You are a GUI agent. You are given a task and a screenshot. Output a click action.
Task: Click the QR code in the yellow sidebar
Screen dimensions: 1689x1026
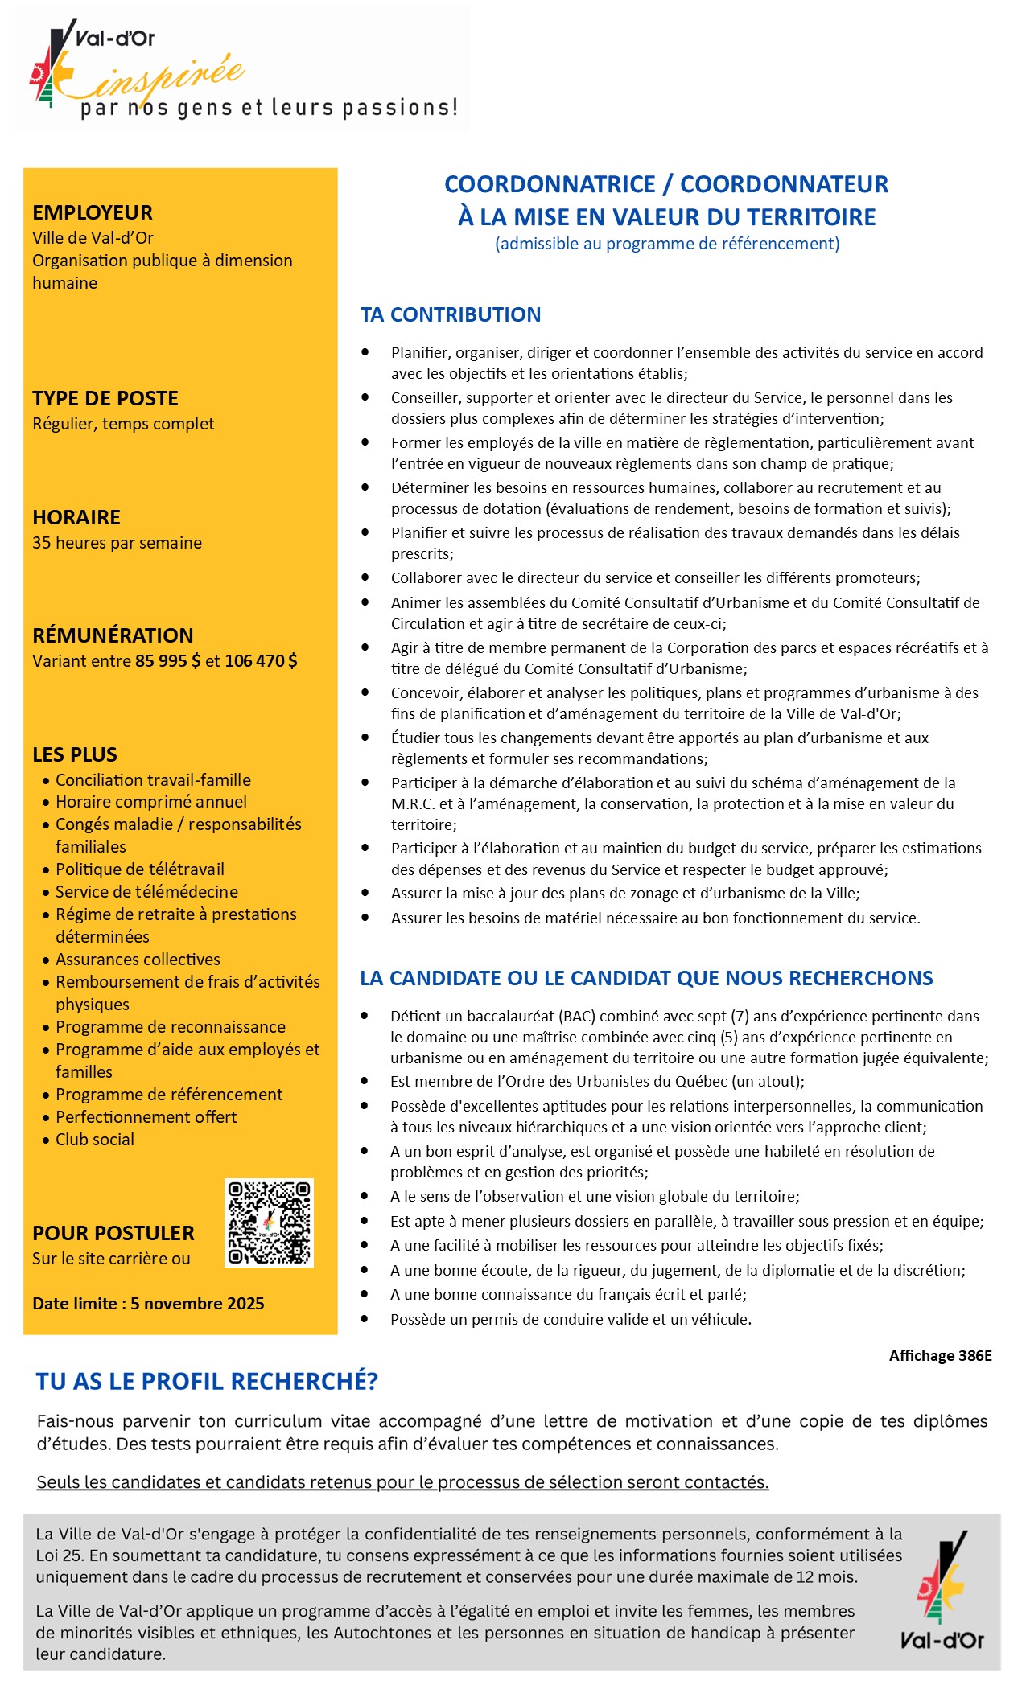[x=269, y=1223]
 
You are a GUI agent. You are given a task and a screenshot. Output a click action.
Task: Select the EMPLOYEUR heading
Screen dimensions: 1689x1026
[x=93, y=212]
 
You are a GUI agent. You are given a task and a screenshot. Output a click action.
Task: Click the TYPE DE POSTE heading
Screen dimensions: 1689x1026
[x=105, y=398]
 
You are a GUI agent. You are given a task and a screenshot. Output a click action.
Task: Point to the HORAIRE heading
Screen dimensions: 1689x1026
[x=76, y=517]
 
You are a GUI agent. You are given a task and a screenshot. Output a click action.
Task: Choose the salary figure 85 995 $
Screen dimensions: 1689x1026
[x=168, y=661]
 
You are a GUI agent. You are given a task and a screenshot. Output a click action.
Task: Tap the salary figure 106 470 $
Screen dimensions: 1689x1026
[x=261, y=661]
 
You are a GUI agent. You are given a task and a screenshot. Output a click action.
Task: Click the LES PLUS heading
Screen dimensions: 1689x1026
[x=75, y=754]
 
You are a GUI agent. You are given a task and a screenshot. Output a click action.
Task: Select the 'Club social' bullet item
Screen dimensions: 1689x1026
[x=95, y=1140]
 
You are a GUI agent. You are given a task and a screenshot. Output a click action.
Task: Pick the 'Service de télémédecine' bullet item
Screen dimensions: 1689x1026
[x=146, y=892]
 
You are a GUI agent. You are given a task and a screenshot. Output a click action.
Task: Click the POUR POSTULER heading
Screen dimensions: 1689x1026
[x=113, y=1233]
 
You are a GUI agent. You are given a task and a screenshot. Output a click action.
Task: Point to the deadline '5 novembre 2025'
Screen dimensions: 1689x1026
[x=197, y=1304]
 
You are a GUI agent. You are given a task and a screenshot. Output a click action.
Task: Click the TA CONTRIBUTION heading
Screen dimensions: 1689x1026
[x=451, y=314]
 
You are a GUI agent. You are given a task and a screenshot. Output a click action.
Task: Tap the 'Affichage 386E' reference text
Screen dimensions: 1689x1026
[x=940, y=1356]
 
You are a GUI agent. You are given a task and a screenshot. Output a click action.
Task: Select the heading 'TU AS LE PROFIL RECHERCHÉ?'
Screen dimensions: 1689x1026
[x=207, y=1382]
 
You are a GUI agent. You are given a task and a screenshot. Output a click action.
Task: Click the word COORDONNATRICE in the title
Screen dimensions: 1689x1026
[x=550, y=184]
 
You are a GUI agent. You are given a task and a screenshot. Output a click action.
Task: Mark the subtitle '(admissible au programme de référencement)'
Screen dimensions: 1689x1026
[x=667, y=244]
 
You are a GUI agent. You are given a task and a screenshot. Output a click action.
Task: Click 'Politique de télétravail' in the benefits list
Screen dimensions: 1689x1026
[x=140, y=869]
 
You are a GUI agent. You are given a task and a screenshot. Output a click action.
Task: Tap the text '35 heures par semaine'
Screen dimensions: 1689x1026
[x=117, y=543]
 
